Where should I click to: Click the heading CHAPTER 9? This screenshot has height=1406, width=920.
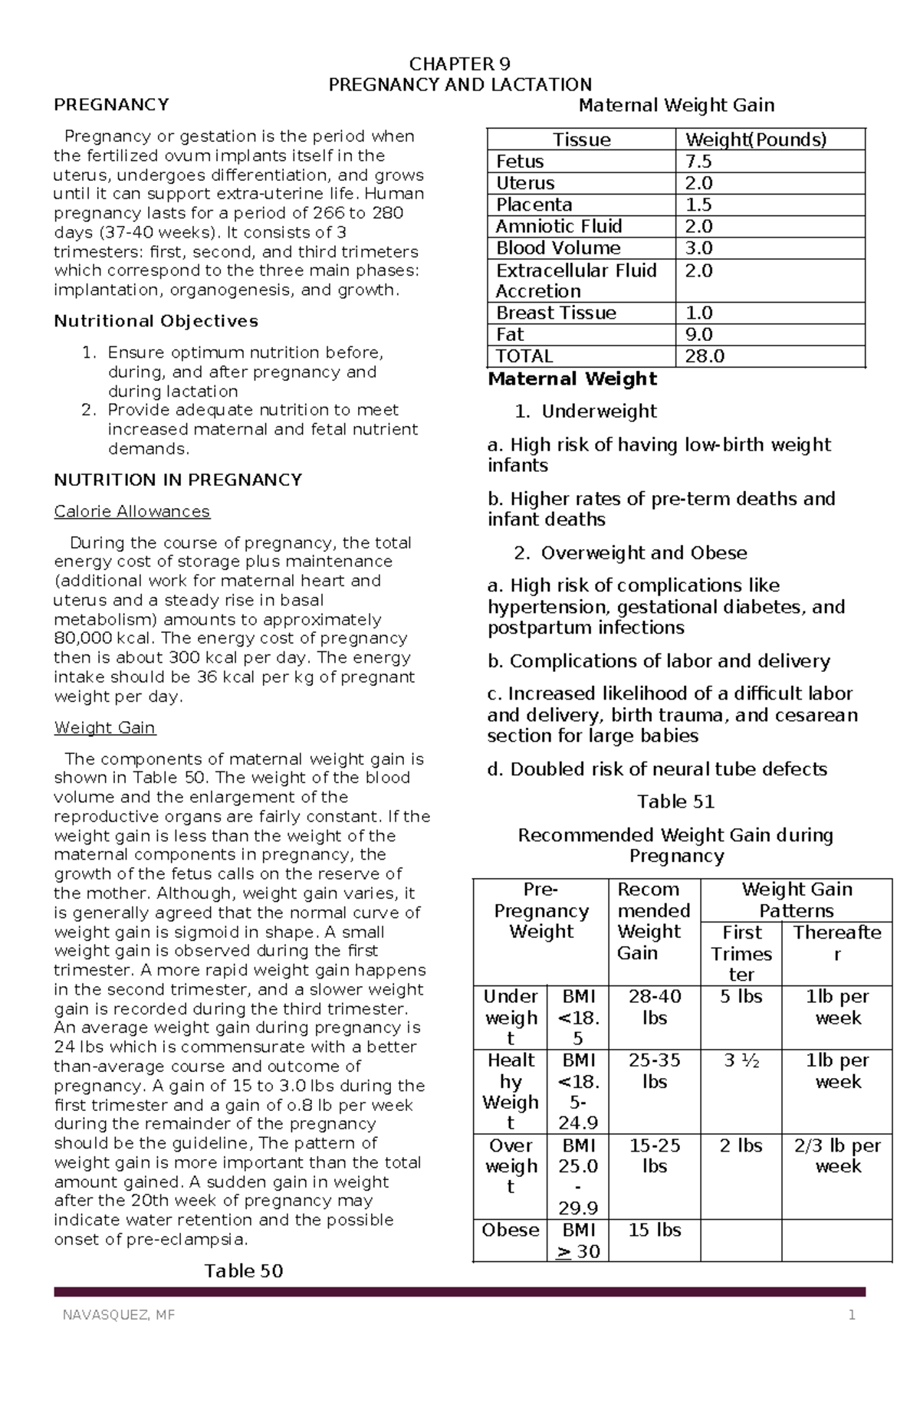[x=460, y=64]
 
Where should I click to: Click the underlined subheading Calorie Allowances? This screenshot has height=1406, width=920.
[x=132, y=511]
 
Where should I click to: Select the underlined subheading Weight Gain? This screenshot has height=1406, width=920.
[x=105, y=727]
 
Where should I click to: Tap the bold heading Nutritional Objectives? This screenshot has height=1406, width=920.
[x=156, y=321]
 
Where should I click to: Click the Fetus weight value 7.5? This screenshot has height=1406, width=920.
[x=698, y=162]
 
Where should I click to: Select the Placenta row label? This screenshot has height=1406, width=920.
[x=534, y=205]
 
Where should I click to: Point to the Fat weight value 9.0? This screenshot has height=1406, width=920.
[x=698, y=335]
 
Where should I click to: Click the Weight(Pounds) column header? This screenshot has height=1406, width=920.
[x=755, y=139]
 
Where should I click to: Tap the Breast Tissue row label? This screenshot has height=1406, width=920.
[x=556, y=313]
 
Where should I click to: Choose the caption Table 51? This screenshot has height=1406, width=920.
[x=675, y=801]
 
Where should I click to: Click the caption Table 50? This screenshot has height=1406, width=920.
[x=244, y=1271]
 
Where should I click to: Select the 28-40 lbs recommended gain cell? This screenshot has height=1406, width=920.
[x=654, y=1007]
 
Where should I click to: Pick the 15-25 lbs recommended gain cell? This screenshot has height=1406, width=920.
[x=654, y=1155]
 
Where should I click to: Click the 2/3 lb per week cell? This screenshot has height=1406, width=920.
[x=837, y=1155]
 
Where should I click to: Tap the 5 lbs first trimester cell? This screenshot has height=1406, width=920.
[x=741, y=997]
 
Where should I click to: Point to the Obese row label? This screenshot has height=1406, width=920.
[x=511, y=1230]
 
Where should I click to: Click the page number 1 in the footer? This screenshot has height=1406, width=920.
[x=851, y=1316]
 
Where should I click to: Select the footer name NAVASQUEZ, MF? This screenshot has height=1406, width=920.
[x=119, y=1316]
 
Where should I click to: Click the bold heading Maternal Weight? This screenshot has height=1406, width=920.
[x=572, y=379]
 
